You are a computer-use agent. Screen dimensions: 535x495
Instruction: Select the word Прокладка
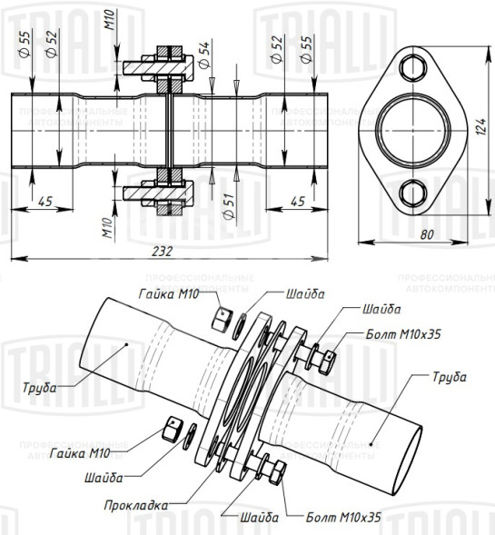(x=135, y=504)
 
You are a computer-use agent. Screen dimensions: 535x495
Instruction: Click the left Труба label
(x=40, y=388)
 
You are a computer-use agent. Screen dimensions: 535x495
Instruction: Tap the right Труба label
(x=449, y=375)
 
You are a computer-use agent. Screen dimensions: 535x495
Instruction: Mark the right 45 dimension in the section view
(x=296, y=201)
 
